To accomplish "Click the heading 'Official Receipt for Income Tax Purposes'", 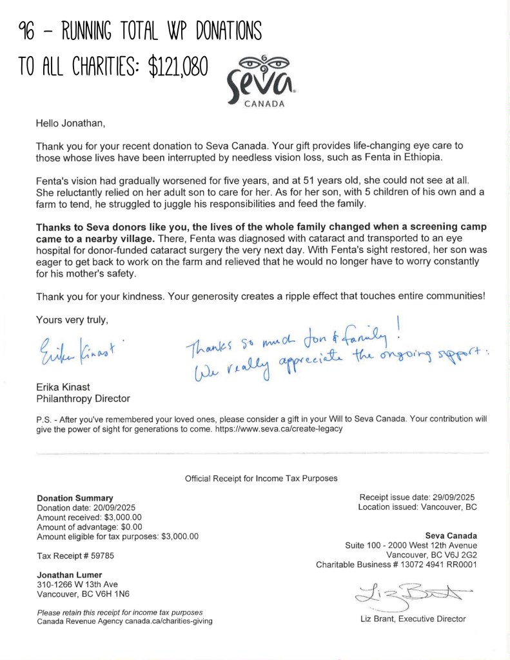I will tap(261, 478).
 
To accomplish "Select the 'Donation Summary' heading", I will tap(75, 498).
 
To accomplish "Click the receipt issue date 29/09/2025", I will tap(450, 497).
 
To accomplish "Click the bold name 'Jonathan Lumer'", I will tap(70, 575).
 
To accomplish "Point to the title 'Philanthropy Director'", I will tap(83, 399).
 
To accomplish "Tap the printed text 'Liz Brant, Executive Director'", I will tap(413, 619).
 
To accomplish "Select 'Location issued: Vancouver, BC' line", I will tap(417, 507).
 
